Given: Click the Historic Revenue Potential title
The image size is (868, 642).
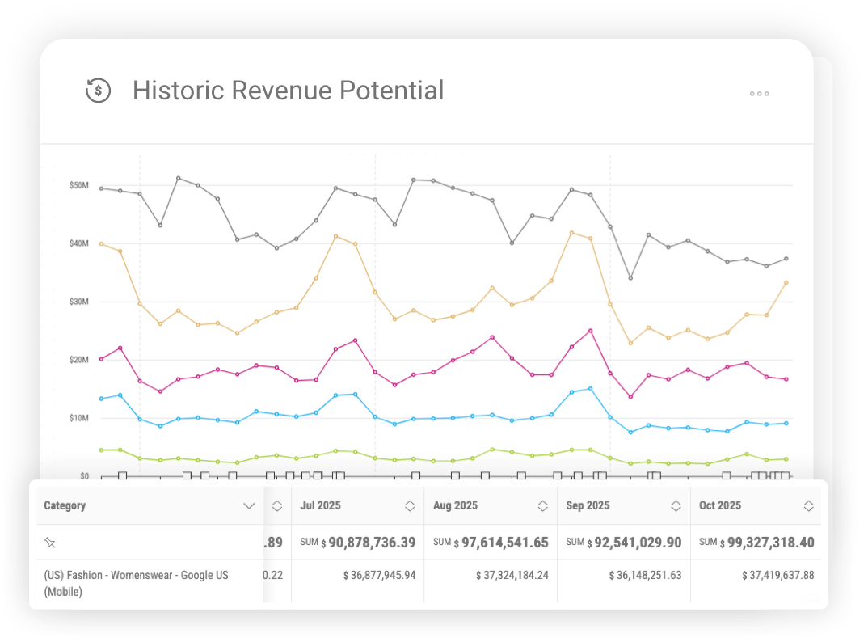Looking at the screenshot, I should (288, 90).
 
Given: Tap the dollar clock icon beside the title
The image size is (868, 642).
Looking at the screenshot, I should (99, 90).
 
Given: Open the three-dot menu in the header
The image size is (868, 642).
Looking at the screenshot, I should (759, 94).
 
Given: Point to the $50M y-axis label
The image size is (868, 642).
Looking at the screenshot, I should (79, 185).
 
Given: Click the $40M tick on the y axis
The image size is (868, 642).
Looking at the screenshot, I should (79, 243).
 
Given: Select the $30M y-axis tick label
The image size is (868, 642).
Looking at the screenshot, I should (79, 302).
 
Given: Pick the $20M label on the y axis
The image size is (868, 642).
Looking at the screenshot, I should (79, 360).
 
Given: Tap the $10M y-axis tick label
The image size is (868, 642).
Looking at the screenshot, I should (79, 418).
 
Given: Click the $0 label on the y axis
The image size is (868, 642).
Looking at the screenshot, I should (83, 476).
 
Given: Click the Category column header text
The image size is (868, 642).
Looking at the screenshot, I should (65, 505).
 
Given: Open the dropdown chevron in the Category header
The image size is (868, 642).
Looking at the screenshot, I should (248, 506).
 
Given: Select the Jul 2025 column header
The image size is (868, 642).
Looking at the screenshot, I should (320, 505).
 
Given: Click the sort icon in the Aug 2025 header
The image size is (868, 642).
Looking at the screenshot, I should (543, 506).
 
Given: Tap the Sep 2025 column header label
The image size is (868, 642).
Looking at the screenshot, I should (588, 505).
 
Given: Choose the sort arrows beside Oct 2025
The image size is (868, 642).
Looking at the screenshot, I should (808, 506).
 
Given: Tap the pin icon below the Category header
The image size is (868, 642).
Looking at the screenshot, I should (50, 543).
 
